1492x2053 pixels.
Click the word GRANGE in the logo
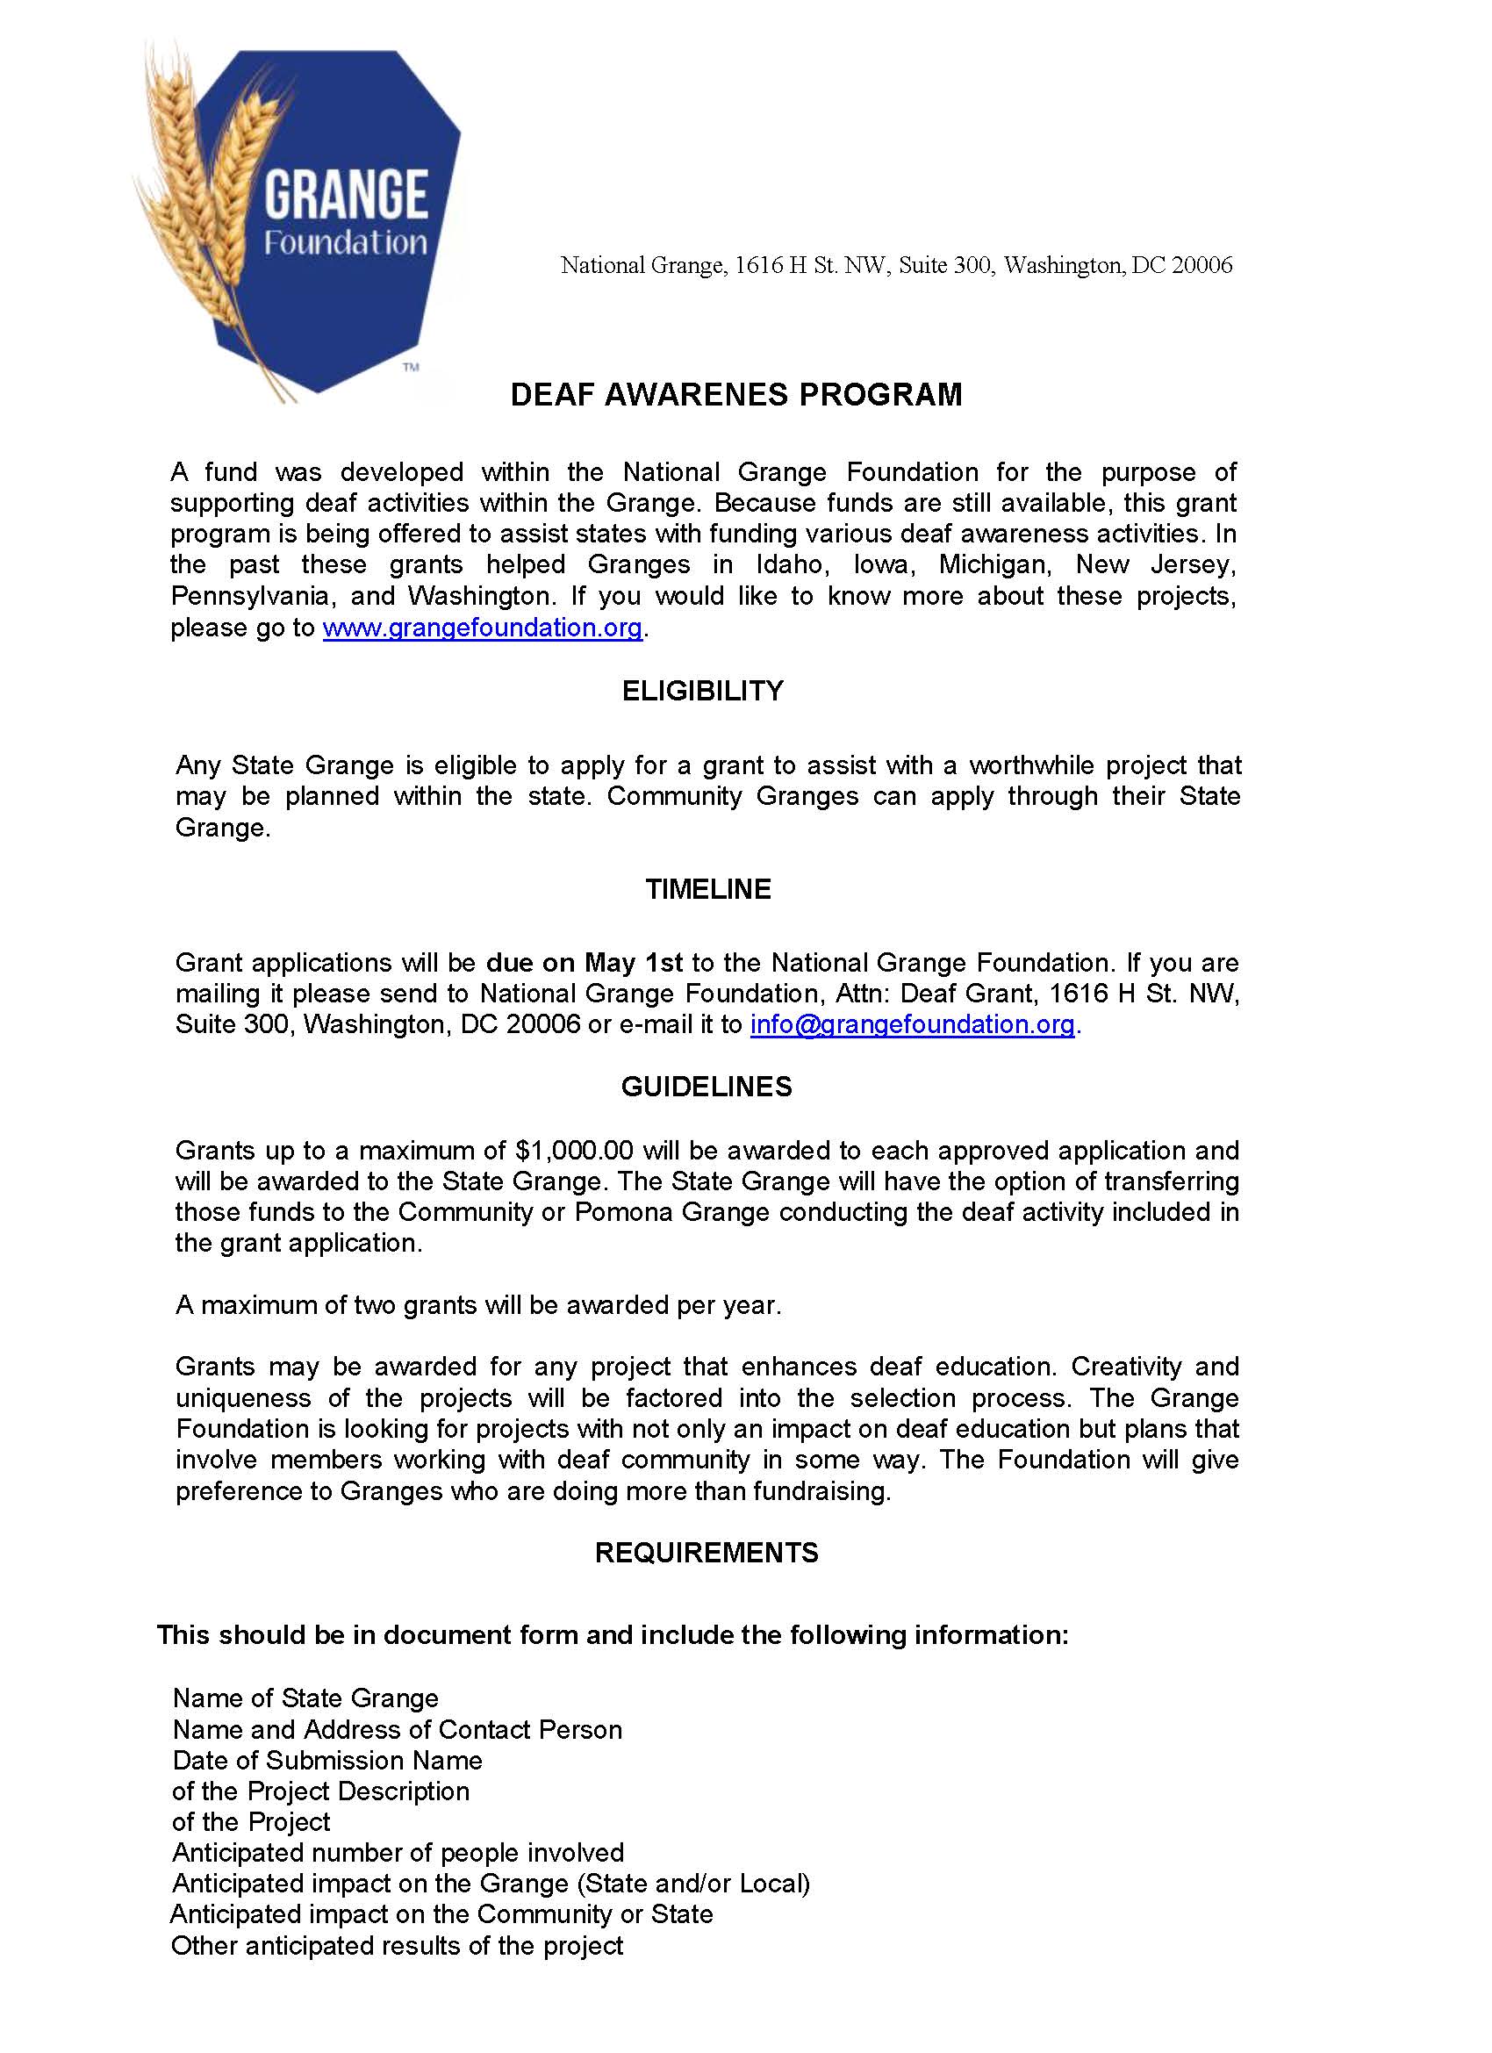pyautogui.click(x=346, y=194)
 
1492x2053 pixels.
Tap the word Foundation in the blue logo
pyautogui.click(x=345, y=242)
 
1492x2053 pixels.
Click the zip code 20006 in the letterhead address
pyautogui.click(x=1201, y=265)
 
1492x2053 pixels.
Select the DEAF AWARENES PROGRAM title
pyautogui.click(x=736, y=395)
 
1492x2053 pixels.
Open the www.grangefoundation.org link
pyautogui.click(x=483, y=628)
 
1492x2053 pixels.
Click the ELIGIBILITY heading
pyautogui.click(x=702, y=691)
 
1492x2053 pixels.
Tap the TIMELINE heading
pyautogui.click(x=708, y=889)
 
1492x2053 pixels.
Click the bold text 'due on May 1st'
pyautogui.click(x=584, y=962)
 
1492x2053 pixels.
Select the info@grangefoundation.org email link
pyautogui.click(x=913, y=1023)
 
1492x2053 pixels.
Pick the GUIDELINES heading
pyautogui.click(x=707, y=1087)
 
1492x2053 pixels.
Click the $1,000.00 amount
pyautogui.click(x=574, y=1151)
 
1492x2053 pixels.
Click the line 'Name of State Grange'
pyautogui.click(x=306, y=1698)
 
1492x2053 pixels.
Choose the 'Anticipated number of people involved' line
pyautogui.click(x=398, y=1852)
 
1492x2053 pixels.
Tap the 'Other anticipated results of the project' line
pyautogui.click(x=398, y=1945)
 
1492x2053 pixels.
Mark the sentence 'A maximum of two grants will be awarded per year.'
pyautogui.click(x=478, y=1304)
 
